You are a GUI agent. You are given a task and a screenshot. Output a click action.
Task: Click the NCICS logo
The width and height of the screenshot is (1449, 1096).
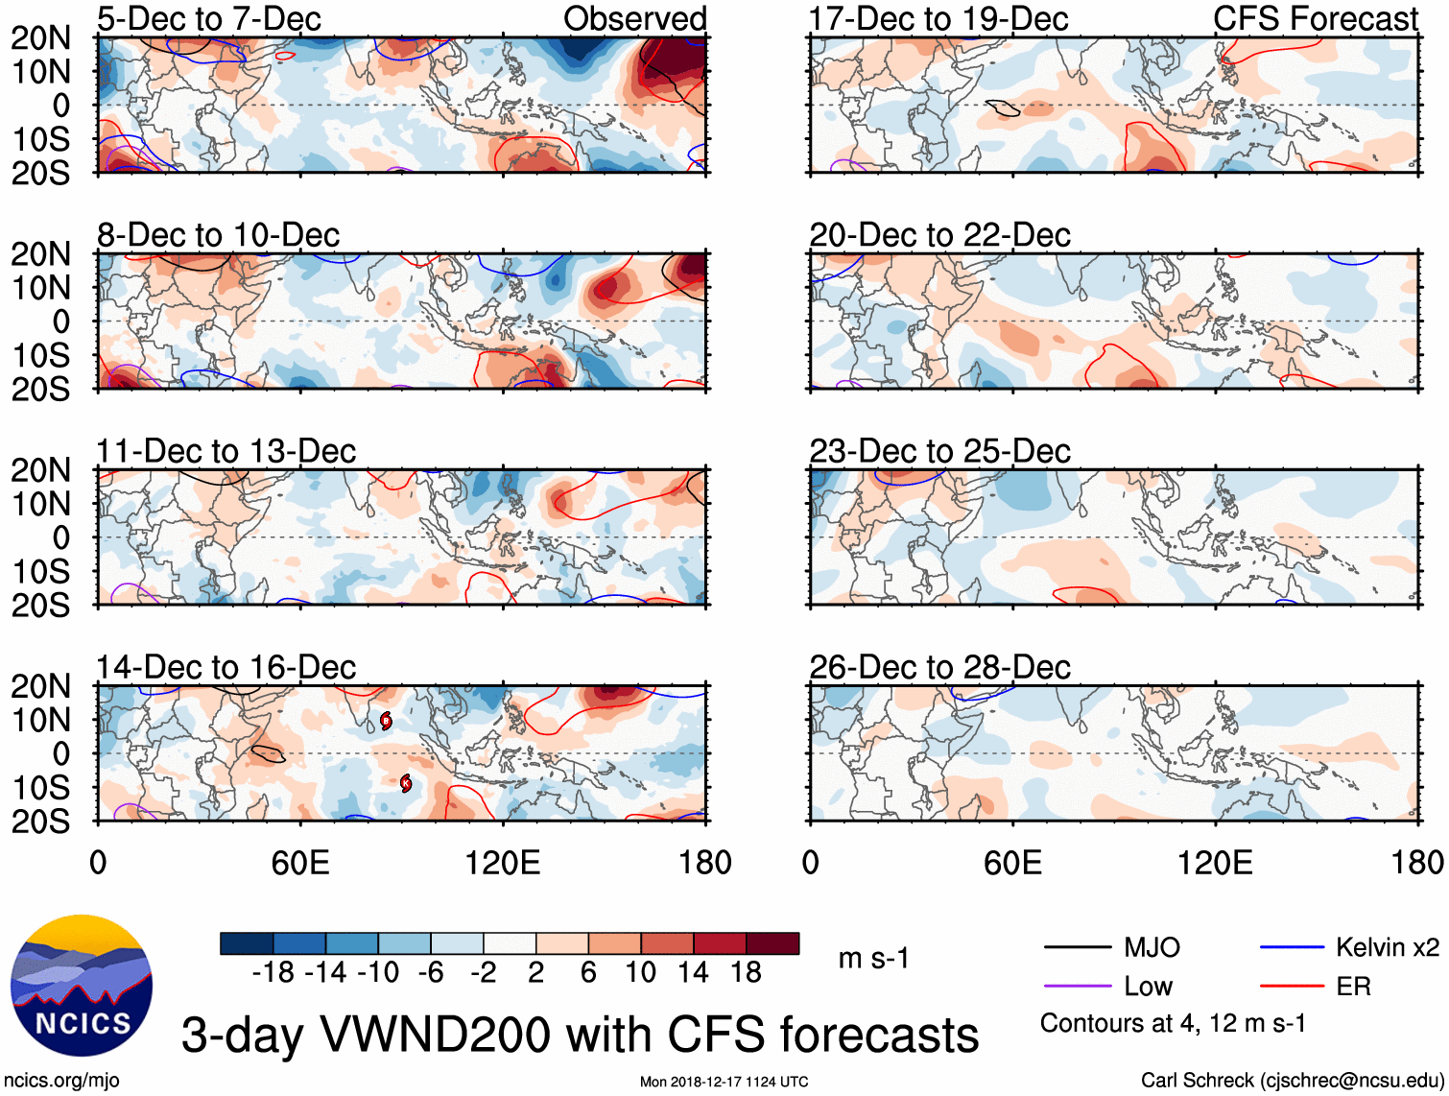tap(81, 986)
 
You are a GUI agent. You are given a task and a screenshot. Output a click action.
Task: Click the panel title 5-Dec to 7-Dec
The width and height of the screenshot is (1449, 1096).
tap(208, 18)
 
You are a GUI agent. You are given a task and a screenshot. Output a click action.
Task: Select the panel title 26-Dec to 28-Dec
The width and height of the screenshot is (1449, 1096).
tap(939, 667)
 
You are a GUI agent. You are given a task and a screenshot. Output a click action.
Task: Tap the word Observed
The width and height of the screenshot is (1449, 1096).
tap(634, 18)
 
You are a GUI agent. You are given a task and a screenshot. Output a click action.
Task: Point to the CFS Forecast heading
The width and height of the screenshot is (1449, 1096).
tap(1315, 18)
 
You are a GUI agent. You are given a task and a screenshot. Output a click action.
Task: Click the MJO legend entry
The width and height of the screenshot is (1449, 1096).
tap(1152, 948)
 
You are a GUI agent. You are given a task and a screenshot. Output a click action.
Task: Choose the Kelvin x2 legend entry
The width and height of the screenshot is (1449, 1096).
tap(1387, 948)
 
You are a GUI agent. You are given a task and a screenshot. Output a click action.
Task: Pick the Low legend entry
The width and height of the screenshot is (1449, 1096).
tap(1148, 987)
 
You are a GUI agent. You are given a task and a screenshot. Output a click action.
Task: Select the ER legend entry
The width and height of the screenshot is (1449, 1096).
tap(1353, 987)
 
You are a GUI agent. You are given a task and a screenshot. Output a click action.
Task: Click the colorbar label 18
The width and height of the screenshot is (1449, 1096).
tap(746, 973)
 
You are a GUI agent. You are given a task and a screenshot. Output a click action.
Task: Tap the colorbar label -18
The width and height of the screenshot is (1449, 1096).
tap(273, 973)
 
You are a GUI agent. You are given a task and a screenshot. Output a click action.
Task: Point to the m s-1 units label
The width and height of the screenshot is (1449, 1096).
tap(873, 959)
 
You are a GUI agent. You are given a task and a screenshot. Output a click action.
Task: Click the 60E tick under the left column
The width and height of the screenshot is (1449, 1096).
tap(300, 863)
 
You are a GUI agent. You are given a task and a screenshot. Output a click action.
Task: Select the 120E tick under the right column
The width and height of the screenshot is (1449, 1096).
tap(1215, 863)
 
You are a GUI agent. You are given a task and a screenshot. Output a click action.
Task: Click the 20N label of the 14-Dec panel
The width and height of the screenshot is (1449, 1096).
tap(40, 686)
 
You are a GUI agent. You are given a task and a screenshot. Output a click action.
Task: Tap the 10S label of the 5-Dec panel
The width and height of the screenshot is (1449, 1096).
tap(40, 139)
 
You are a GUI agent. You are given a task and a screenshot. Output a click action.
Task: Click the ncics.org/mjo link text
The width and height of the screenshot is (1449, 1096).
tap(61, 1081)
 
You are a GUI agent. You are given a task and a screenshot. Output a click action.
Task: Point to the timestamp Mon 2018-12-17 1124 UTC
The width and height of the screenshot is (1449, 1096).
tap(724, 1083)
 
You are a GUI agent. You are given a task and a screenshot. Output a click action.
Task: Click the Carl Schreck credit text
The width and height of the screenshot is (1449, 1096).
tap(1292, 1081)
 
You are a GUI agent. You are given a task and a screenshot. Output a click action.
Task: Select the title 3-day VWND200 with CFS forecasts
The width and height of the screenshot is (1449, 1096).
tap(580, 1036)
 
